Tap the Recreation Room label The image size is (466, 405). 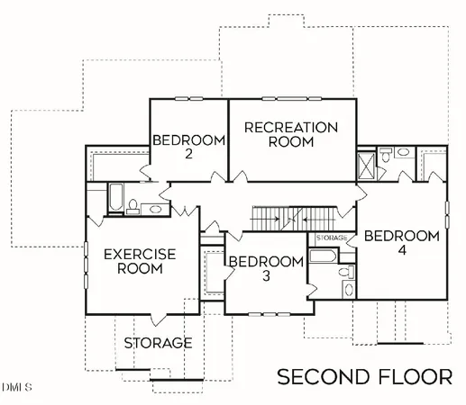click(291, 134)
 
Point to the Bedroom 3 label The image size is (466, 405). click(264, 268)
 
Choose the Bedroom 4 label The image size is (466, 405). click(401, 243)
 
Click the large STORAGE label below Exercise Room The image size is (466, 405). click(158, 343)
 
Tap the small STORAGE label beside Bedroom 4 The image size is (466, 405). click(332, 238)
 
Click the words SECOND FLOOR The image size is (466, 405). click(364, 375)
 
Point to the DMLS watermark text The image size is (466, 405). click(16, 387)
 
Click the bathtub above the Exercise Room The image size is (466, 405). click(116, 196)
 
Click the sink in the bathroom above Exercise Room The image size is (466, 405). click(153, 209)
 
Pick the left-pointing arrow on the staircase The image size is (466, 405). click(308, 217)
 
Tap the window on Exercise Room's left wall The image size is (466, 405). click(87, 261)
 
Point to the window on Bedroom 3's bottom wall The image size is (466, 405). click(263, 313)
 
